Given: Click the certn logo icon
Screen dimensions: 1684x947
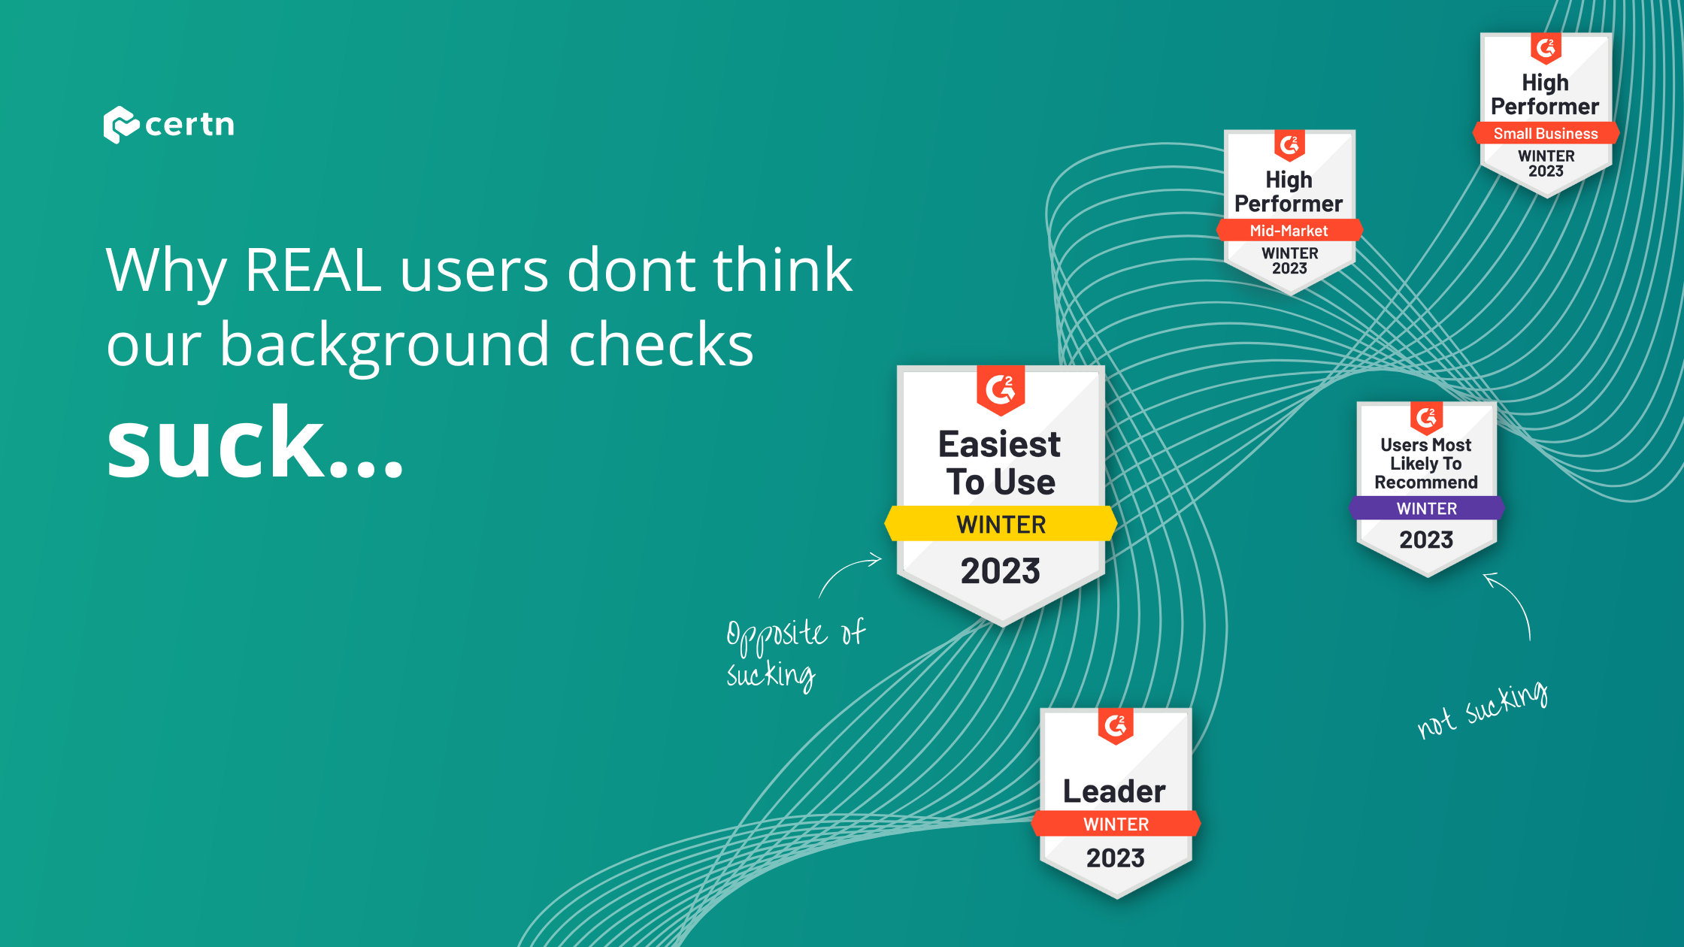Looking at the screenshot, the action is (x=121, y=125).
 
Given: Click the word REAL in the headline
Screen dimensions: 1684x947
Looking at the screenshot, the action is (x=313, y=270).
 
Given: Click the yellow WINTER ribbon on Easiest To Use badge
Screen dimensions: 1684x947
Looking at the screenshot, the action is (x=1001, y=524).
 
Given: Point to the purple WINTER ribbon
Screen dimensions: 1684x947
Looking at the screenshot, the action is (x=1426, y=508).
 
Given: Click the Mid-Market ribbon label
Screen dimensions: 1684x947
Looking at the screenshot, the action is (x=1289, y=231).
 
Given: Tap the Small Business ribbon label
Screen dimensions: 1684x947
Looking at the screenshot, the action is (x=1546, y=133).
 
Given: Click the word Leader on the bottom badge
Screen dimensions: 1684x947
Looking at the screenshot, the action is (x=1114, y=791).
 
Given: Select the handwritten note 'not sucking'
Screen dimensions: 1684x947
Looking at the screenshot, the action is (x=1482, y=710).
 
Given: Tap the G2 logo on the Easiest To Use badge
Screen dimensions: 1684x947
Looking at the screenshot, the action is (x=1001, y=389).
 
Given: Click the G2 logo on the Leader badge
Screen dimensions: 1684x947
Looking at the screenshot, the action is (x=1116, y=726).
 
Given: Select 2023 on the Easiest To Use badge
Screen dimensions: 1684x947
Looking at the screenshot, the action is (x=1001, y=571).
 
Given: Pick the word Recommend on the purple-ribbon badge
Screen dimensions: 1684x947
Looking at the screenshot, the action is (x=1426, y=483).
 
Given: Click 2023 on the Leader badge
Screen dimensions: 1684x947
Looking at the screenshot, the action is (x=1116, y=858).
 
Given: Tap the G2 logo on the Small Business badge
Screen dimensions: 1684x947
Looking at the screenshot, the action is (x=1546, y=48).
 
